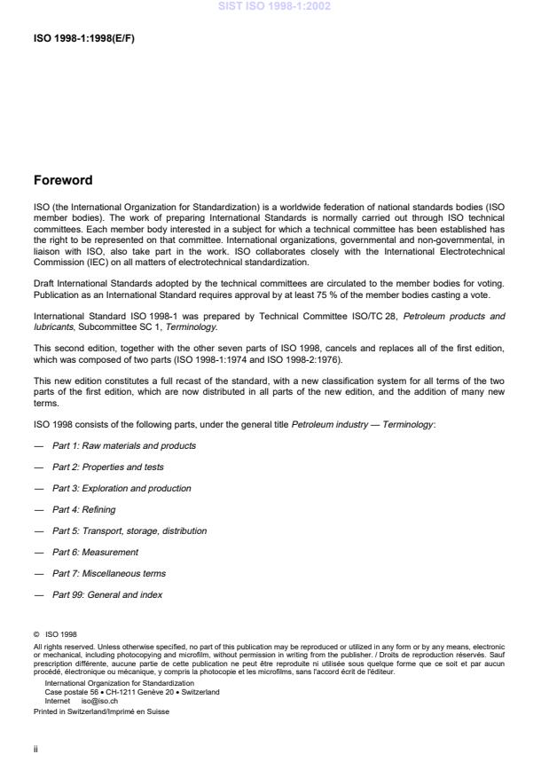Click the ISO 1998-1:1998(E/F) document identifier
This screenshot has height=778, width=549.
(83, 39)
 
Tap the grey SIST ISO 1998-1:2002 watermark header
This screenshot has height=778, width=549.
(274, 7)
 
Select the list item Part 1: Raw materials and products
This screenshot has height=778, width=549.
(123, 445)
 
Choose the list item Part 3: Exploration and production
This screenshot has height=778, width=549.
(121, 488)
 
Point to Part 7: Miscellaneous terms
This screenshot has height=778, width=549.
(108, 573)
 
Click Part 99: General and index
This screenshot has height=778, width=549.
(106, 594)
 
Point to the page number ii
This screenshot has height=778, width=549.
(35, 750)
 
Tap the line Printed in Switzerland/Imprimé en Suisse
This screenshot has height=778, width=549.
(89, 711)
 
